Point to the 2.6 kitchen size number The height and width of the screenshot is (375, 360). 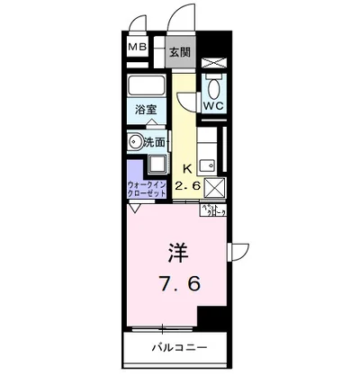pyautogui.click(x=187, y=185)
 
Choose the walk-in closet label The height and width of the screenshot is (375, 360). pyautogui.click(x=147, y=187)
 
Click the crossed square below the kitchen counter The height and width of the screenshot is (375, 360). pyautogui.click(x=213, y=187)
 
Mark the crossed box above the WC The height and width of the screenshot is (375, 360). pyautogui.click(x=213, y=62)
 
